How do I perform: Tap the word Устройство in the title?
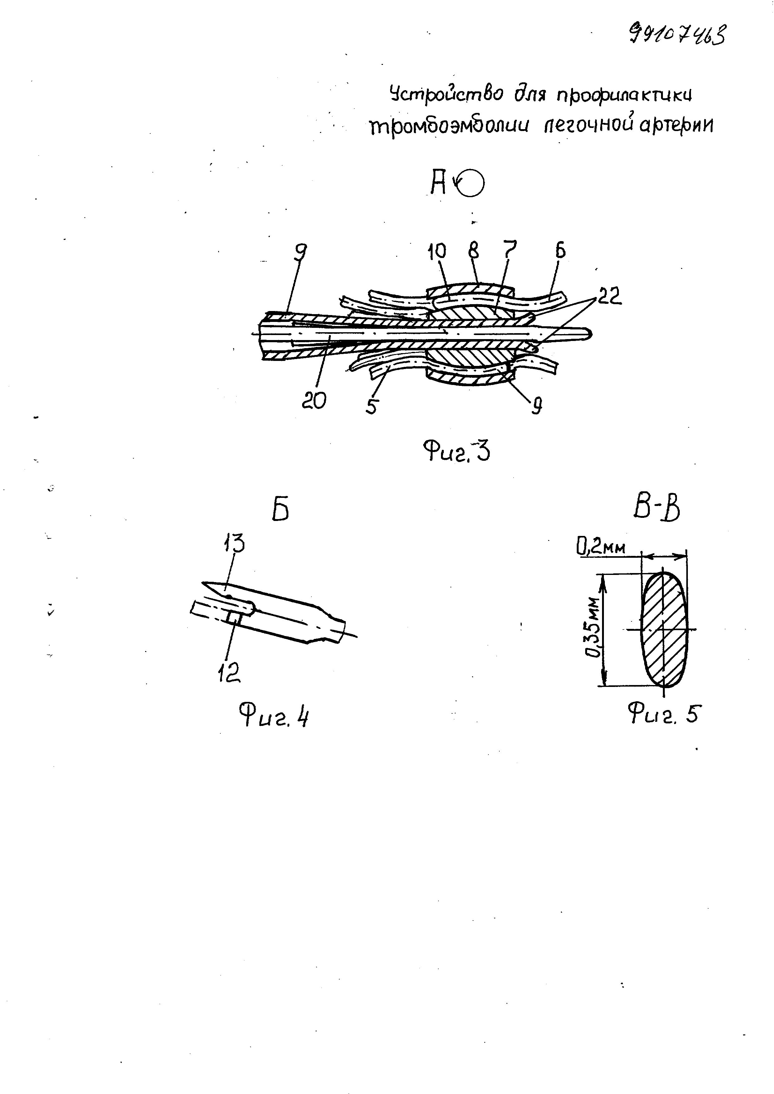pos(446,94)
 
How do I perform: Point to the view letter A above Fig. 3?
pos(438,183)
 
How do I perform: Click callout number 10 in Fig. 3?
pos(437,251)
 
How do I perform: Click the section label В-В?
pos(656,509)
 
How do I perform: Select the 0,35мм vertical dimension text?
pos(593,627)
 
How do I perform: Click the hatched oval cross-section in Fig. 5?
pos(664,629)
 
